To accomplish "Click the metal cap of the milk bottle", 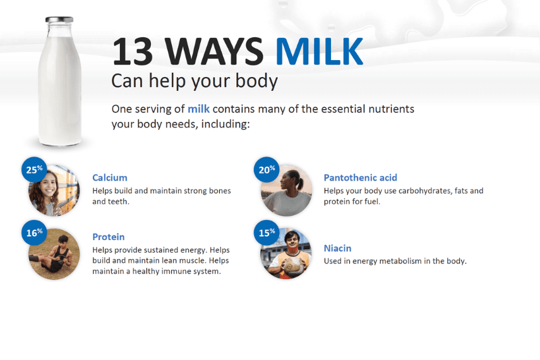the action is click(59, 20).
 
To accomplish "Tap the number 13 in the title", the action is click(133, 52).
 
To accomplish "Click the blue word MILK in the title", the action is click(319, 51).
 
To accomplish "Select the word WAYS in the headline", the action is click(214, 52).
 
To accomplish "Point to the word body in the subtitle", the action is click(256, 81).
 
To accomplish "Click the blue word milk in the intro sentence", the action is click(198, 109).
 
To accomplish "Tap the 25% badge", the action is click(34, 169).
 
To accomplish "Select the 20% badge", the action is click(267, 169).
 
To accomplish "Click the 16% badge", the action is click(34, 232).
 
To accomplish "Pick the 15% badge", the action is click(267, 232).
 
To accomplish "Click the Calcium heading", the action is click(110, 177).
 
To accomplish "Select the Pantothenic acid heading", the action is click(360, 177).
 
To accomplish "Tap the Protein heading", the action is click(109, 237).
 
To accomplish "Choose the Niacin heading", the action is click(337, 248).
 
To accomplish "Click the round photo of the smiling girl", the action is click(54, 191).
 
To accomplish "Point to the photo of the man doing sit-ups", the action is click(54, 254).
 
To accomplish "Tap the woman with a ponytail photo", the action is click(287, 191).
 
